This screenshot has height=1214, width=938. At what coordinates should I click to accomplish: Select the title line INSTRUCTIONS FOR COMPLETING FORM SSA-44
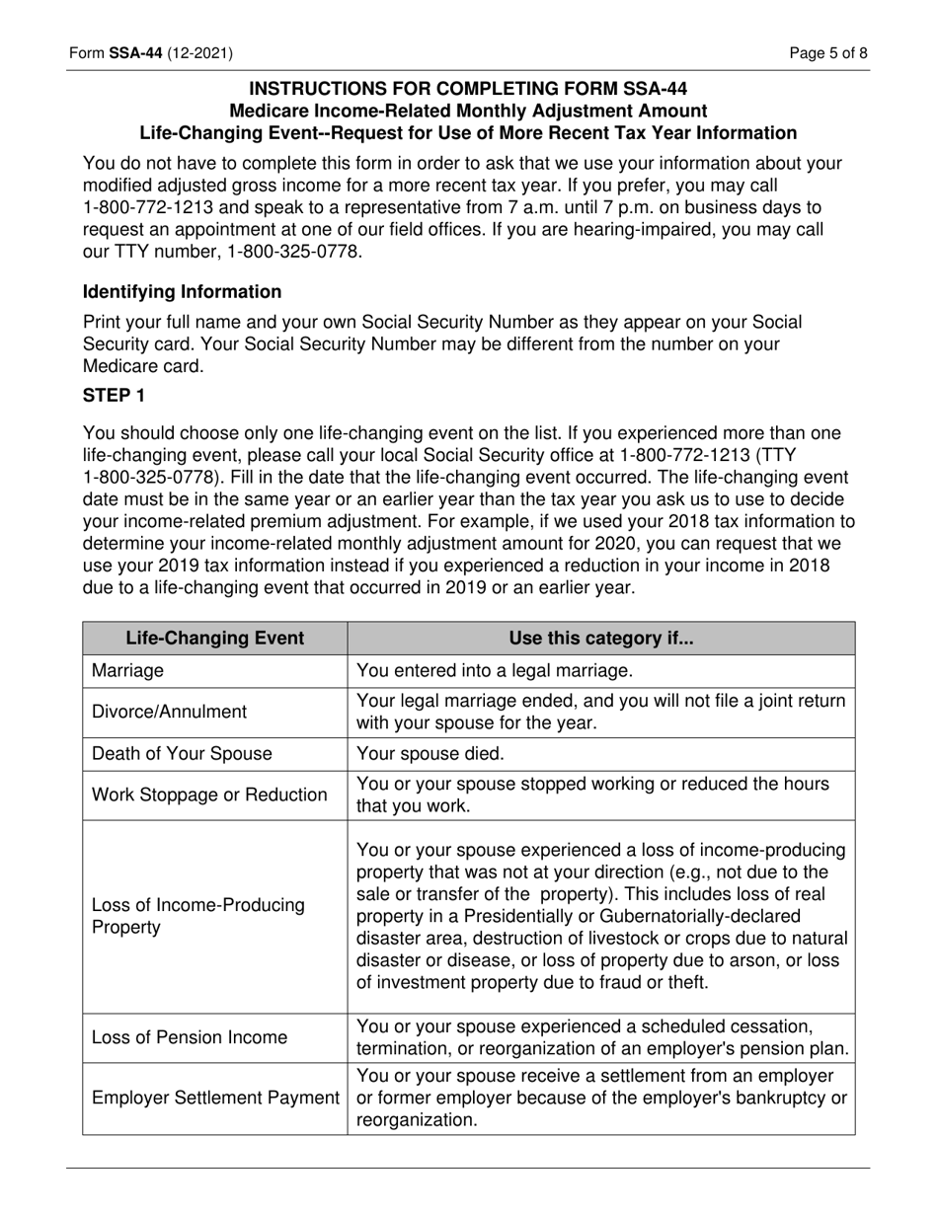tap(468, 89)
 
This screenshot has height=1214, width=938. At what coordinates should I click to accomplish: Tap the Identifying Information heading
tap(182, 292)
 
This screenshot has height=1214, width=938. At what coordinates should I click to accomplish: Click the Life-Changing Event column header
tap(214, 639)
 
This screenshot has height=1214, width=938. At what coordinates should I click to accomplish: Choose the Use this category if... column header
tap(600, 639)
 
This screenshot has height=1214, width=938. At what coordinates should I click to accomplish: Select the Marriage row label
tap(128, 671)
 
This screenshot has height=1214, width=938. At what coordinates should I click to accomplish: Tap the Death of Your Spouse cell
tap(181, 754)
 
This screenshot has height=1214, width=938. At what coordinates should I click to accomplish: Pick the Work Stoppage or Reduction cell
tap(208, 796)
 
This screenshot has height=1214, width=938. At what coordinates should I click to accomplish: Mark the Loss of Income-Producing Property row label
tap(197, 917)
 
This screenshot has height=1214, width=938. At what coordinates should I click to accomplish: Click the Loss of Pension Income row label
tap(190, 1037)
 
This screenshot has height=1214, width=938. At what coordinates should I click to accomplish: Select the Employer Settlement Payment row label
tap(215, 1098)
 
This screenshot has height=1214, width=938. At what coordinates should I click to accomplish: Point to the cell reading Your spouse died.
tap(430, 754)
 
